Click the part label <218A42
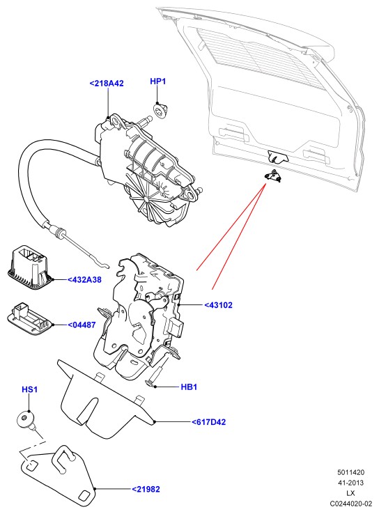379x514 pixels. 107,84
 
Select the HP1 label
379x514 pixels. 157,81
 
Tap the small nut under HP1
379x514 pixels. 160,110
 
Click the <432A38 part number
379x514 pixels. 84,279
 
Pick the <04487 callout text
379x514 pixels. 82,325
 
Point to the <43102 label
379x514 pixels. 218,305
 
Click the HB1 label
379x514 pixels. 189,387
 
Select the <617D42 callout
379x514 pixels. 209,422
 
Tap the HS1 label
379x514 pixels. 29,389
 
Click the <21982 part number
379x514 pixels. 146,489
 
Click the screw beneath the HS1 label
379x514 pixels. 26,420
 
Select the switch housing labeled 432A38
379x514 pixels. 29,268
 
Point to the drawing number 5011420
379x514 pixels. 351,472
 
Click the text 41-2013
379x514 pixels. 351,483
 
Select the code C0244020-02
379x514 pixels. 351,503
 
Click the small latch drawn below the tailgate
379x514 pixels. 273,176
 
